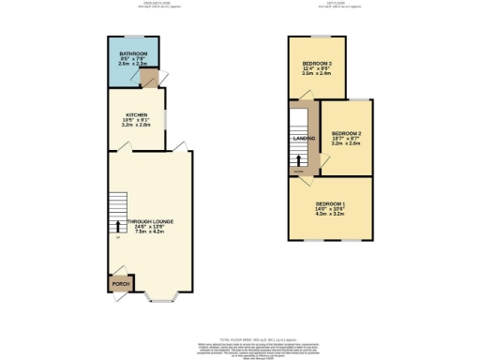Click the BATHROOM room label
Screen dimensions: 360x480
point(133,53)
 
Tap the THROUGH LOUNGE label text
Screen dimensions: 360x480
point(150,221)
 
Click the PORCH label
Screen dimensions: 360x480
point(119,282)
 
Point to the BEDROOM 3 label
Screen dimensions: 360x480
point(318,63)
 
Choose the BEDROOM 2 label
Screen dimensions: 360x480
point(346,134)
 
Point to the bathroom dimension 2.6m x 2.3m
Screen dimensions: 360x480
point(133,65)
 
